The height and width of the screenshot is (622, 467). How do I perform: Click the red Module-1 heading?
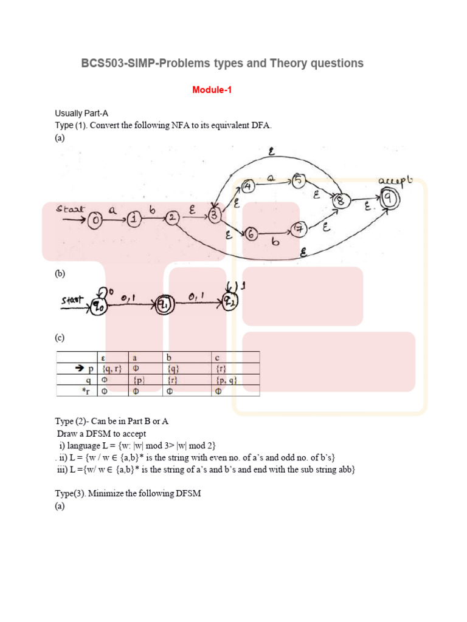(x=212, y=90)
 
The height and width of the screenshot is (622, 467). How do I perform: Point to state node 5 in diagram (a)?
(x=298, y=180)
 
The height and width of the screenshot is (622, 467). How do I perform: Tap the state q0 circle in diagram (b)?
(x=99, y=307)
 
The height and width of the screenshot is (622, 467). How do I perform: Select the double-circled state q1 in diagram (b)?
(x=163, y=304)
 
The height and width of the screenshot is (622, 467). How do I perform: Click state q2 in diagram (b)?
(x=231, y=301)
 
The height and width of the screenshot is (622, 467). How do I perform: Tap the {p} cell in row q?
(x=139, y=380)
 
